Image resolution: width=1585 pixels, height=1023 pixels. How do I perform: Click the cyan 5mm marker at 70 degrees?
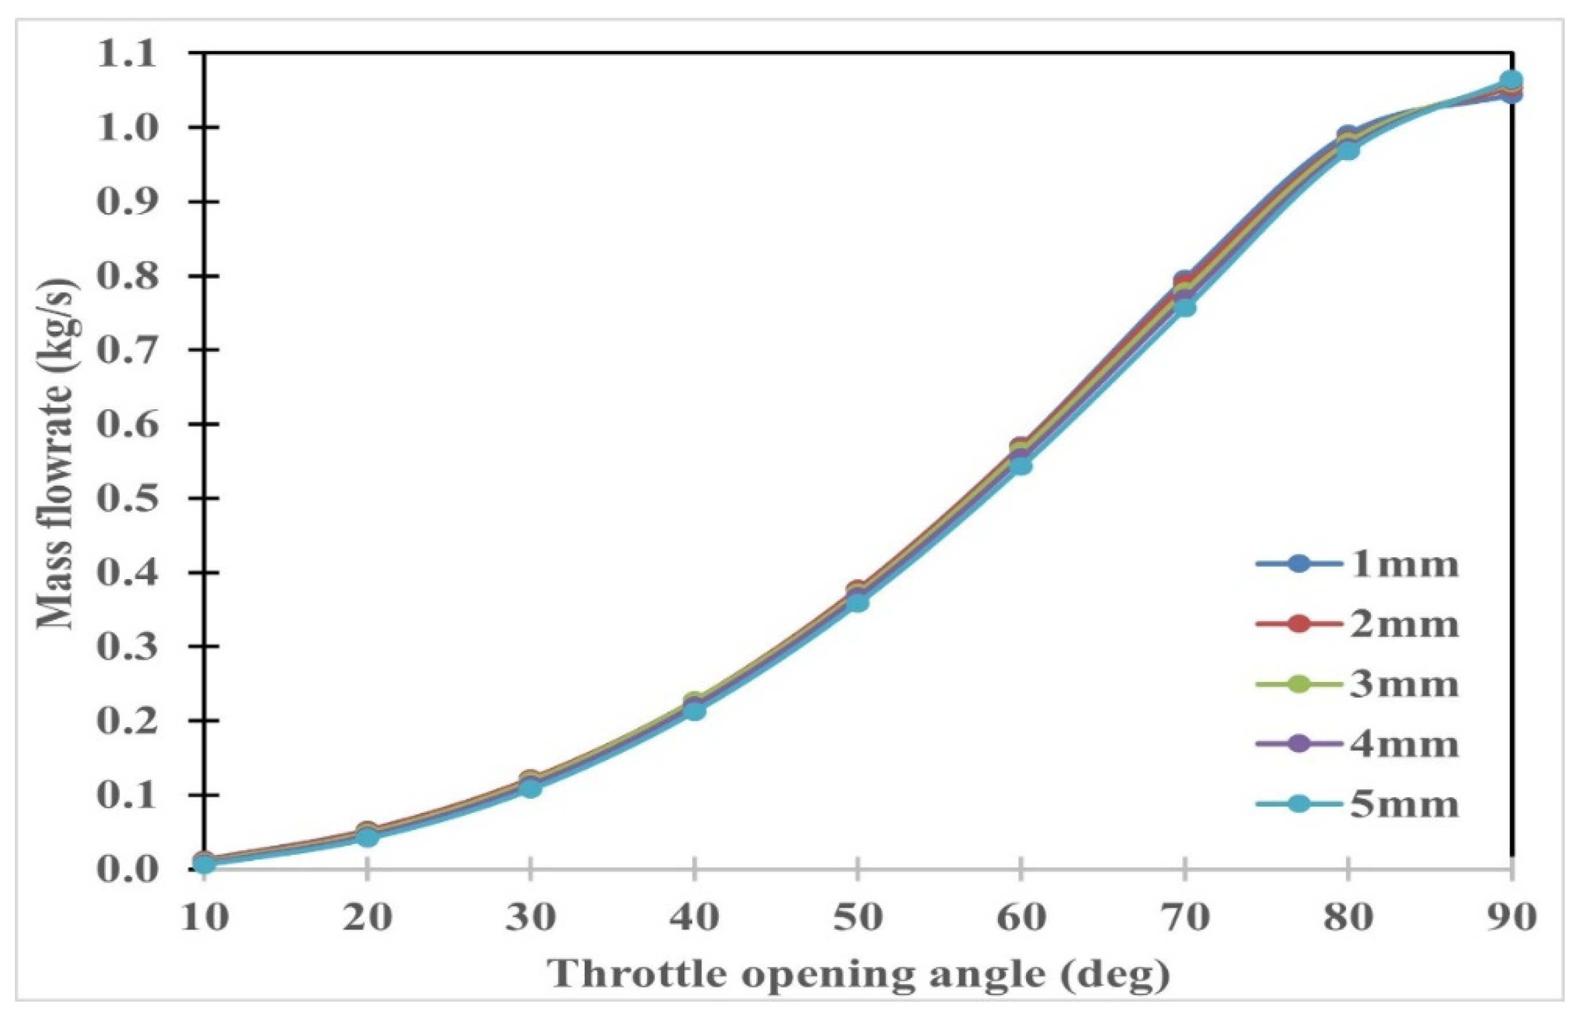[1184, 307]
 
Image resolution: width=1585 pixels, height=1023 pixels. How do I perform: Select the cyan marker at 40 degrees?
[694, 711]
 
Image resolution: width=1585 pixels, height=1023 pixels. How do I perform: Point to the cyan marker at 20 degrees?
[367, 836]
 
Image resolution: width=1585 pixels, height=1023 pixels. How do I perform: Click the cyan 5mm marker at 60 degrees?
[1021, 465]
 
